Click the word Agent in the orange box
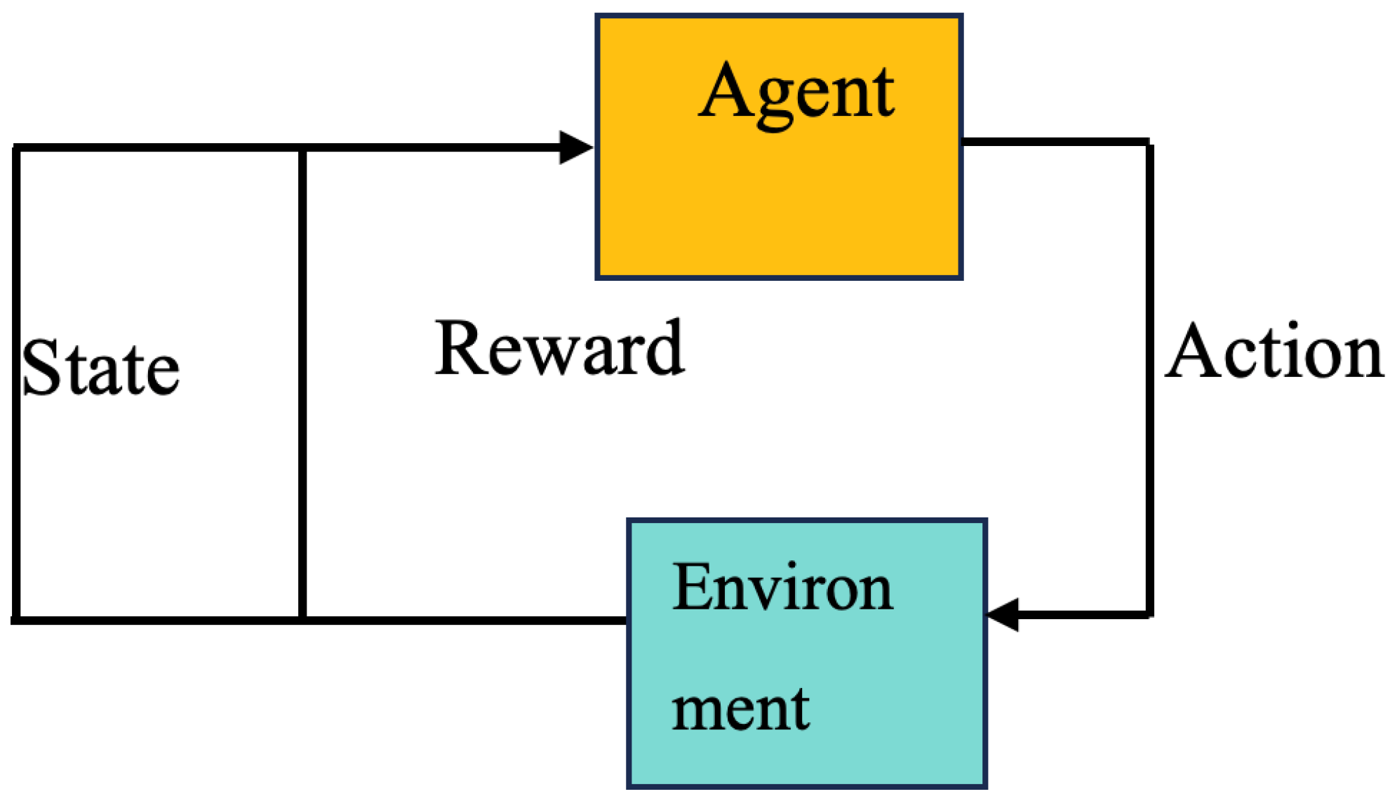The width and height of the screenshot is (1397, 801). [796, 95]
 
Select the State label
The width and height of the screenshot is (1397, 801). [100, 367]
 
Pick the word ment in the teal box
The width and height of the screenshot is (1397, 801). [741, 709]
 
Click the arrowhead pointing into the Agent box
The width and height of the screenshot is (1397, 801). [576, 147]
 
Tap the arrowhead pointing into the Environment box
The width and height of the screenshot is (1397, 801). [1003, 615]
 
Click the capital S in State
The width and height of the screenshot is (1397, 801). [41, 367]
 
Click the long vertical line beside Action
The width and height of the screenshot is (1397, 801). [1150, 379]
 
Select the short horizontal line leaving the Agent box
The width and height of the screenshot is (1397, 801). [1055, 142]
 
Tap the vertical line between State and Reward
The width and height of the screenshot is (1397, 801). [302, 384]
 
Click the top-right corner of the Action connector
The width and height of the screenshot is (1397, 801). [1150, 143]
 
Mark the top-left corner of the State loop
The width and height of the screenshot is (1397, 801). [15, 147]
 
